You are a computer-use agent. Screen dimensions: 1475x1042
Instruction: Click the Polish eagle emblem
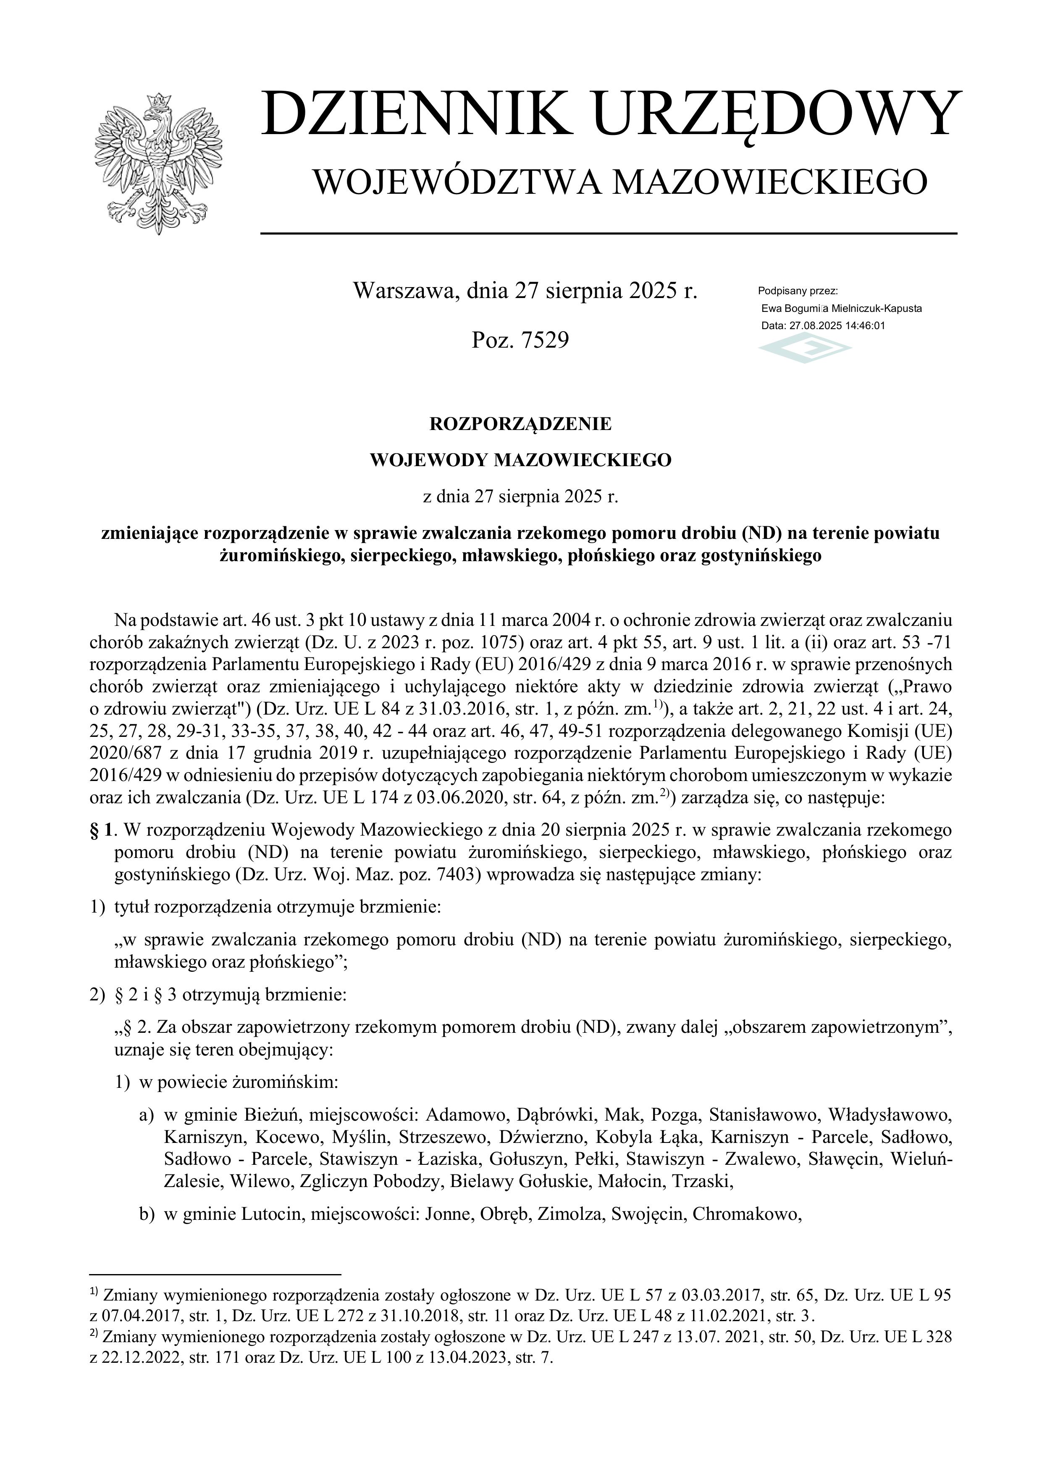[x=158, y=164]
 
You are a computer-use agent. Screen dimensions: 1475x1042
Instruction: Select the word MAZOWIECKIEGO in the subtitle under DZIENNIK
[x=770, y=182]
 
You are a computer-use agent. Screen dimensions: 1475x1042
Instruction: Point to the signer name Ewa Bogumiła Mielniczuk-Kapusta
[x=841, y=309]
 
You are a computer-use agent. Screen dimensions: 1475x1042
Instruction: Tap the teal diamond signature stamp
[x=805, y=351]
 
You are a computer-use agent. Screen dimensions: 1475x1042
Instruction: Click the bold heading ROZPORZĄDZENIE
[x=521, y=424]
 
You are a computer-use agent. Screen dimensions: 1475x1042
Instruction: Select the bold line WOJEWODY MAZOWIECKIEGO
[x=521, y=460]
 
